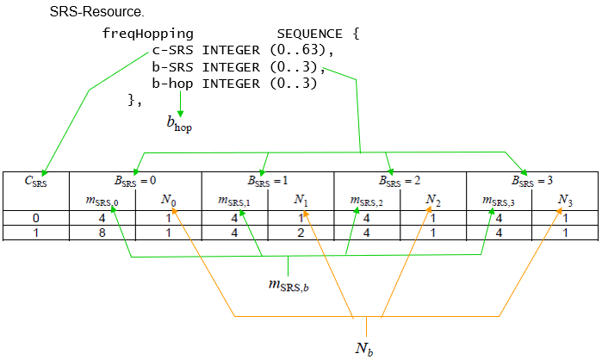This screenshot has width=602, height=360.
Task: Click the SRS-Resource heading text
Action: pos(96,11)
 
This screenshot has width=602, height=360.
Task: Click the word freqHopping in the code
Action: pos(147,34)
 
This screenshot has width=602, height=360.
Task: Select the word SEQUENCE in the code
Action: pos(309,34)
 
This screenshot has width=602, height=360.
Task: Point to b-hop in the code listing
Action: pos(172,84)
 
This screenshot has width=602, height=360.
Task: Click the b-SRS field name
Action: pos(172,67)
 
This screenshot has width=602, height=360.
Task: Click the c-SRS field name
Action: pos(172,50)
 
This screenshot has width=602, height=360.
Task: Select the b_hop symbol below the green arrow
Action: pos(179,124)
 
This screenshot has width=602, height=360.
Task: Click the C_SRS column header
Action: pos(35,181)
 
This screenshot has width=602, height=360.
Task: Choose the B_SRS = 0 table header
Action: pos(135,180)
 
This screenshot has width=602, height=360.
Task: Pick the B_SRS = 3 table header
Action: pos(532,180)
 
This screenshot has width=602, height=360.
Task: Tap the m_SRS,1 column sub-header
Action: pos(234,201)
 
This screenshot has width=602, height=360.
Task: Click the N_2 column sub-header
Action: pos(432,200)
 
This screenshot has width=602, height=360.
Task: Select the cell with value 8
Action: pos(102,233)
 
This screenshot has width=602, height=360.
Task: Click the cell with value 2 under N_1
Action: pos(301,233)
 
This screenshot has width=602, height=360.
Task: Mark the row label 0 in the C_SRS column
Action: pos(35,218)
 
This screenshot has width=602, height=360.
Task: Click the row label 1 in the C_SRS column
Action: pos(35,233)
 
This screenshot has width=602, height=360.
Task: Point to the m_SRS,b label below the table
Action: pos(289,285)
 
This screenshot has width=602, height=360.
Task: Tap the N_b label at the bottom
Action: pos(364,349)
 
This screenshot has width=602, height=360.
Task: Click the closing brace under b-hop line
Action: pos(134,101)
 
